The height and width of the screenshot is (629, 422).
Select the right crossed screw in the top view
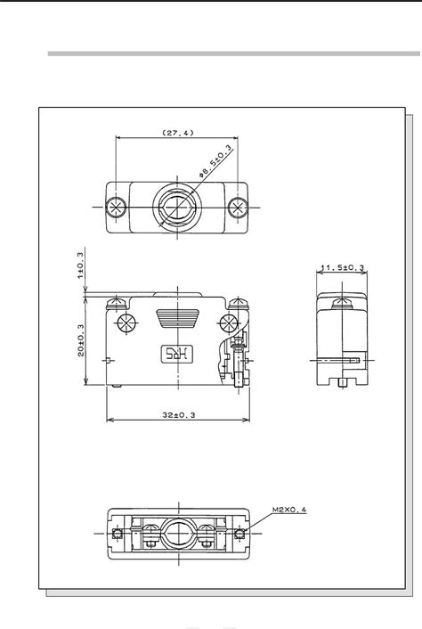(x=236, y=207)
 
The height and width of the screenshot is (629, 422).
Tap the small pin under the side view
(x=343, y=383)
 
